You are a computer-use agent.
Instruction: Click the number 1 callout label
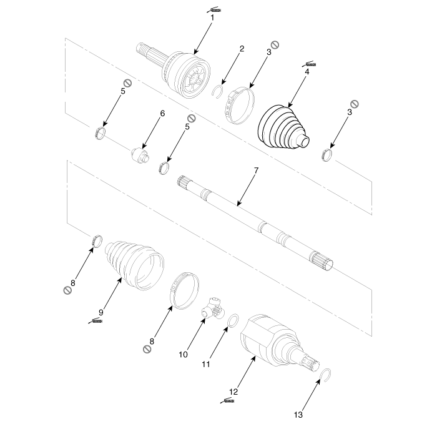click(212, 17)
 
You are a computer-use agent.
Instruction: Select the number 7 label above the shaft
click(256, 170)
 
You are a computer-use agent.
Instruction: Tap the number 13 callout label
click(298, 415)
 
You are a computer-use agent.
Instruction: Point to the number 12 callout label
click(233, 392)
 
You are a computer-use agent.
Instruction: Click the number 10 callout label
click(183, 355)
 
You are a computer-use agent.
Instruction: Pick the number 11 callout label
click(205, 364)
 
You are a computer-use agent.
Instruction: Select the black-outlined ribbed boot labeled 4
click(283, 126)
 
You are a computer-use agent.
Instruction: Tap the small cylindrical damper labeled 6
click(140, 155)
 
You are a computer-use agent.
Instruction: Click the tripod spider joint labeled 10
click(213, 308)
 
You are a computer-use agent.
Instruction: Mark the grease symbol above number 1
click(214, 10)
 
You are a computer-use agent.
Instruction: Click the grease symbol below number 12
click(227, 401)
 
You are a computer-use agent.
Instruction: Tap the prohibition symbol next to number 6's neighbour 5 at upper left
click(127, 83)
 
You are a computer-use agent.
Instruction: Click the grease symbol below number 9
click(96, 321)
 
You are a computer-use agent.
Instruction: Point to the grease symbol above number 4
click(309, 64)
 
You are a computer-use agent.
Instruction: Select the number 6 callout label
click(162, 114)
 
